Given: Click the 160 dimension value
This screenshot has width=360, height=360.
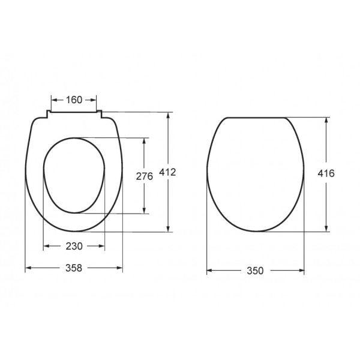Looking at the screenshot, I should pos(74,100).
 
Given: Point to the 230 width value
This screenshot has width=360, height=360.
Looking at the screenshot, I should pos(74,246).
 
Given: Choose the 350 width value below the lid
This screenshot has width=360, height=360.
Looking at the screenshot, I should pos(255,271).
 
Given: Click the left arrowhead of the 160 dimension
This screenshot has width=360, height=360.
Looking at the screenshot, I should pos(54,100).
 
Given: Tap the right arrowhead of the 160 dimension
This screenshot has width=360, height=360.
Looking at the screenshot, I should pos(94,100).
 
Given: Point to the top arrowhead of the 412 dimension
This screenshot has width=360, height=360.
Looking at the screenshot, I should pos(169,115).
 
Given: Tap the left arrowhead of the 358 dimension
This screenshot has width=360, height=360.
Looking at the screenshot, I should pos(28,268).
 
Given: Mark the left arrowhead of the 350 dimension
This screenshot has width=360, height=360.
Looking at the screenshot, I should pos(210,271).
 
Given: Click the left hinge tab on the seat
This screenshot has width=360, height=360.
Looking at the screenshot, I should pos(47,114).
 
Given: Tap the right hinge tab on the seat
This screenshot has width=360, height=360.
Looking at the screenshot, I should pos(100,114).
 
